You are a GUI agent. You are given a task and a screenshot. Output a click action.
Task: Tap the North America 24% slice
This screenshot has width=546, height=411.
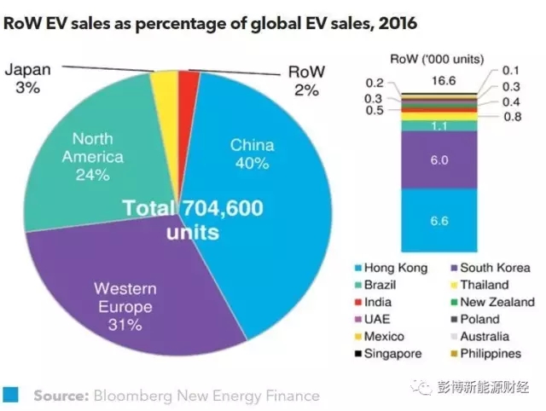tap(94, 162)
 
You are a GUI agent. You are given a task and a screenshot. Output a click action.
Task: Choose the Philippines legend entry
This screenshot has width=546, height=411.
tap(492, 353)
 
